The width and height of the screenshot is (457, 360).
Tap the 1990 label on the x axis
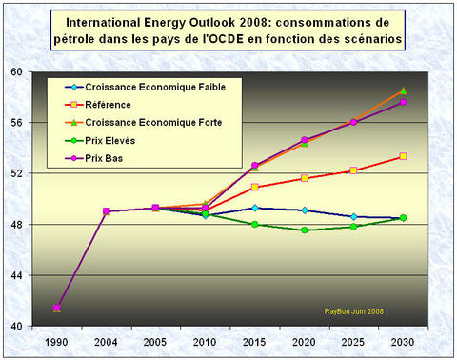[57, 340]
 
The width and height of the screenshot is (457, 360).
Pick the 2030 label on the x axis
[403, 340]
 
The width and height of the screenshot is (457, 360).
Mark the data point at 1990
[57, 308]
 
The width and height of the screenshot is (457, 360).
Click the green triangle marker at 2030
[403, 91]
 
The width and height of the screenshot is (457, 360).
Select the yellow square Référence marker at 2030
[403, 156]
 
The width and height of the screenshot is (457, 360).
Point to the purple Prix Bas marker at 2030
[403, 102]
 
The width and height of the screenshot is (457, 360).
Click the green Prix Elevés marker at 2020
[305, 230]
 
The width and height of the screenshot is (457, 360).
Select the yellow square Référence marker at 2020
[305, 178]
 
